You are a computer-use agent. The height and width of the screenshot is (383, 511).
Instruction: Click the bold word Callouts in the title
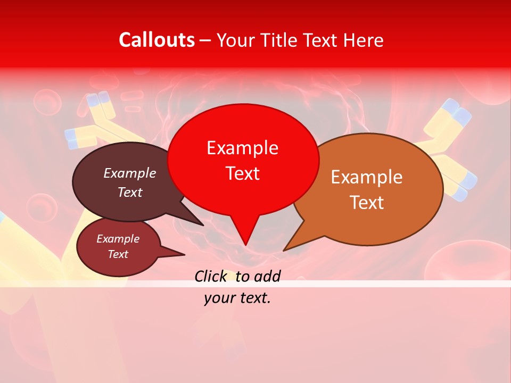click(156, 40)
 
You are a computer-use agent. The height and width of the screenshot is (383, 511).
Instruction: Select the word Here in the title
click(361, 40)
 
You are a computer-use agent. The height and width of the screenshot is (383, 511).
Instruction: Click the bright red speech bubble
click(243, 133)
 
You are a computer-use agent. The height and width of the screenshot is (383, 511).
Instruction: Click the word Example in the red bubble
click(242, 148)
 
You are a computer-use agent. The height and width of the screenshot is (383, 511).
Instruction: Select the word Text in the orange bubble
click(367, 203)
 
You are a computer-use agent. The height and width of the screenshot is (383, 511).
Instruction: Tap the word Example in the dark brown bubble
click(129, 173)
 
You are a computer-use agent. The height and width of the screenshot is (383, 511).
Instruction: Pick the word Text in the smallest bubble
click(118, 254)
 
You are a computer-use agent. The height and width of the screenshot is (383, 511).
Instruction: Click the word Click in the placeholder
click(211, 276)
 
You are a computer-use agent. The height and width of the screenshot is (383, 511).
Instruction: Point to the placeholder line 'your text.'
click(237, 298)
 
